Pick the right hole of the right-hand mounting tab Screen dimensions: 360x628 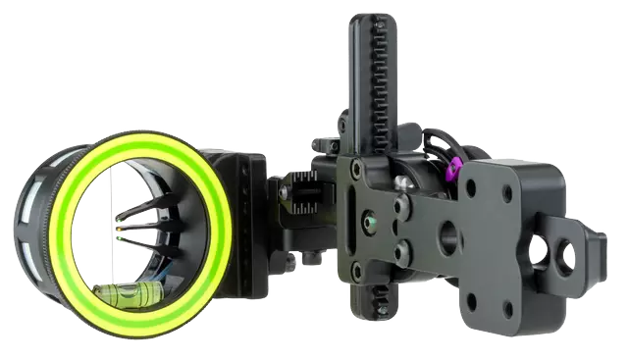tap(568, 256)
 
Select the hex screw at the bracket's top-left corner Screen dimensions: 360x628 tap(356, 169)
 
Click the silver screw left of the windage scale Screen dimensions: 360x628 tap(285, 194)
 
